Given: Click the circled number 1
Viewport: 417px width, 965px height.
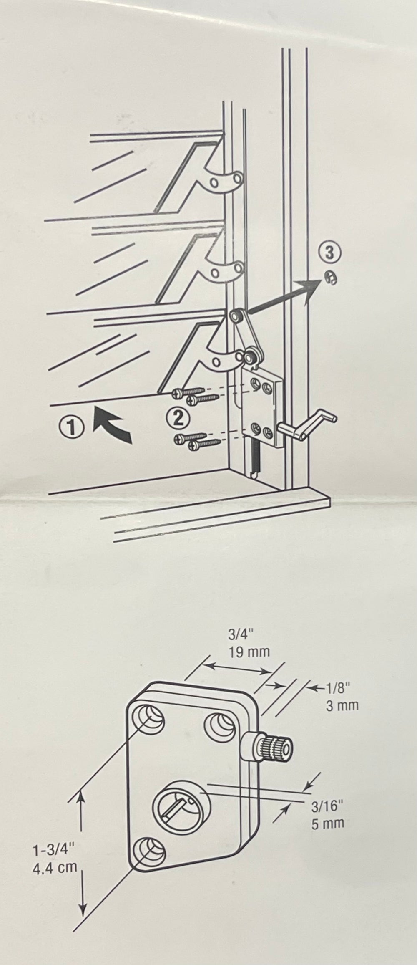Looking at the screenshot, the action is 72,427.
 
